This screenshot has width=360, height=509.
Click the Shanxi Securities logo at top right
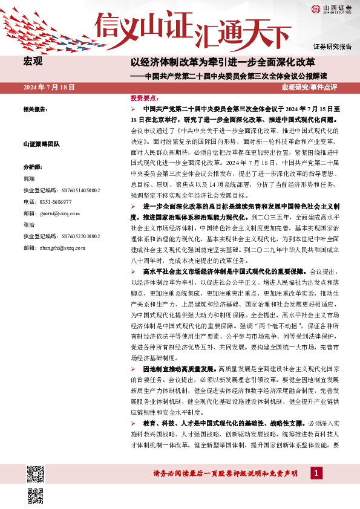coord(332,9)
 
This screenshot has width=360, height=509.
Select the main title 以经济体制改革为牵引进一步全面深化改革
coord(223,62)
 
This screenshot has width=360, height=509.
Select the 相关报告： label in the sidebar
coord(36,110)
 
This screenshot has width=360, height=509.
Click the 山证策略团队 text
coord(41,144)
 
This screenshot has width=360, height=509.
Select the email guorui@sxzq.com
coord(60,213)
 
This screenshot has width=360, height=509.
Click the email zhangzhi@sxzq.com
coord(63,247)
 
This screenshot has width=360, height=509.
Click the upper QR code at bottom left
coord(36,474)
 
